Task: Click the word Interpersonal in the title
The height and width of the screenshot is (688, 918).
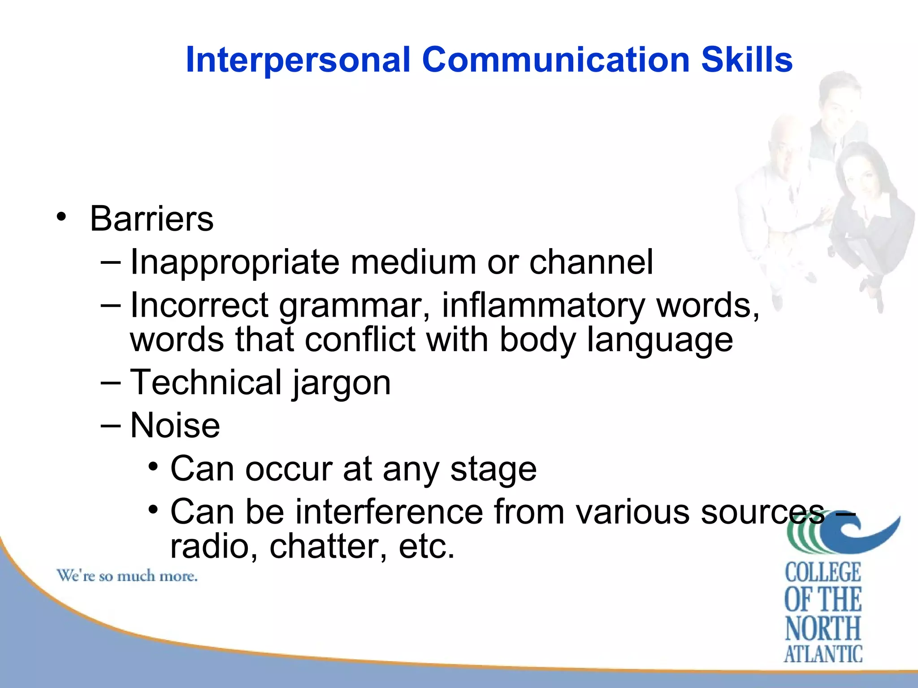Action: point(298,60)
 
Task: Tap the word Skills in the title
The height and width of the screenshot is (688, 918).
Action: point(747,60)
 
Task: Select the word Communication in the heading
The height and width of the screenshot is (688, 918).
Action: point(555,60)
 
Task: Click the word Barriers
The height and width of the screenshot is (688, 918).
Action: point(152,219)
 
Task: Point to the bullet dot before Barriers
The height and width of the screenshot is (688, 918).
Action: point(61,217)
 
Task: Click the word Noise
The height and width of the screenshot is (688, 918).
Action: point(175,426)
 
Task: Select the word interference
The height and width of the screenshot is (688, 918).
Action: point(389,512)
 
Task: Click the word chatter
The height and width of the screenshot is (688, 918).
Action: point(328,546)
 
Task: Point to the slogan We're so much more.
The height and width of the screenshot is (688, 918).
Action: point(127,576)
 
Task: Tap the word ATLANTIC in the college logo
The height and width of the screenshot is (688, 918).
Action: point(823,654)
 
